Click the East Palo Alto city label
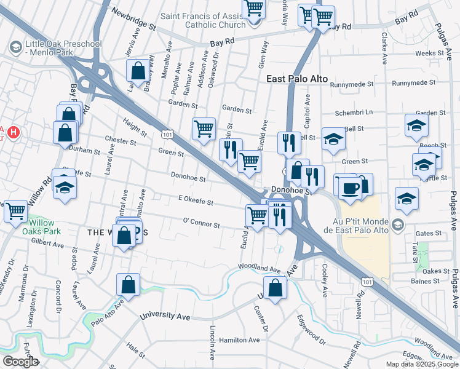pos(298,79)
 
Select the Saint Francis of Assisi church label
pos(202,21)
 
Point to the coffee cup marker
pos(350,188)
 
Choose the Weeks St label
pos(429,54)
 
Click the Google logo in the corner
pos(20,362)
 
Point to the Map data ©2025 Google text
pos(422,364)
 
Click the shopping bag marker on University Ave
pos(275,287)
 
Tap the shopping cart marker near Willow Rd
pos(15,212)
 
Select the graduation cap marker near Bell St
pos(333,140)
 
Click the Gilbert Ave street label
pos(50,245)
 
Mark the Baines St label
pos(426,281)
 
